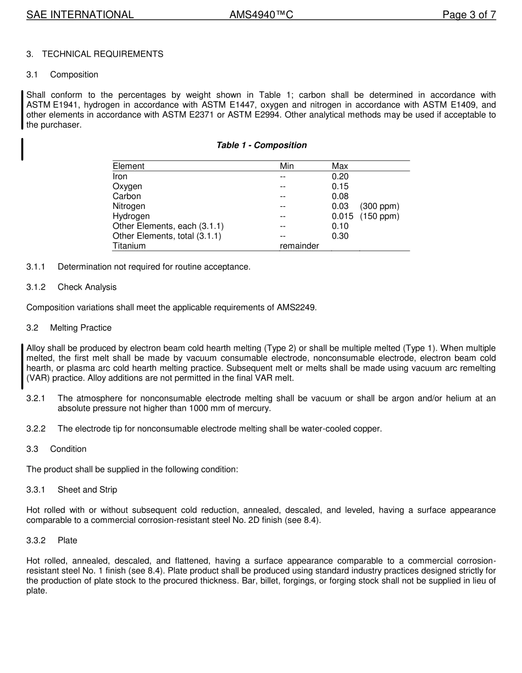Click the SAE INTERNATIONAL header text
coord(80,15)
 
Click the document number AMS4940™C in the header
coord(261,15)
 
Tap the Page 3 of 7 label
coord(469,15)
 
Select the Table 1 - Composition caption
coord(261,145)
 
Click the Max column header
coord(340,166)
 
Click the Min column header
coord(287,166)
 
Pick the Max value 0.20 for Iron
coord(340,176)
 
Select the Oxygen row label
coord(127,186)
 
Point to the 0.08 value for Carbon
coord(340,196)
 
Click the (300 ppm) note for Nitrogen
coord(379,206)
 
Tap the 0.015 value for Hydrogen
coord(342,216)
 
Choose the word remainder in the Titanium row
coord(299,246)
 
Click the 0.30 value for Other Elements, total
coord(340,236)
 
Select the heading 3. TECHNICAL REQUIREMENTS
coord(95,54)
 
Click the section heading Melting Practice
coord(80,328)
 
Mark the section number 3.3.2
coord(36,540)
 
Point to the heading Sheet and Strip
coord(87,489)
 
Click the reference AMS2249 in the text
coord(296,307)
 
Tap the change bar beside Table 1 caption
coord(22,149)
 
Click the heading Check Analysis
coord(87,287)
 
